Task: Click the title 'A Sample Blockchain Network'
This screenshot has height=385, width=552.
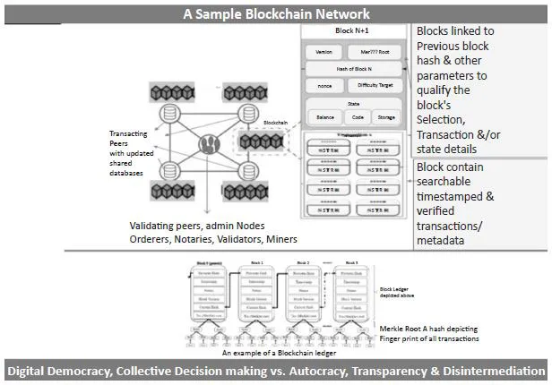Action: tap(276, 13)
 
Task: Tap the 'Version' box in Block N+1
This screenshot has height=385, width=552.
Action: tap(324, 52)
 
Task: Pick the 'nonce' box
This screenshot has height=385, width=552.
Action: tap(324, 86)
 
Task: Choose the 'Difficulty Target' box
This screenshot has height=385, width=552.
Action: tap(380, 86)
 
